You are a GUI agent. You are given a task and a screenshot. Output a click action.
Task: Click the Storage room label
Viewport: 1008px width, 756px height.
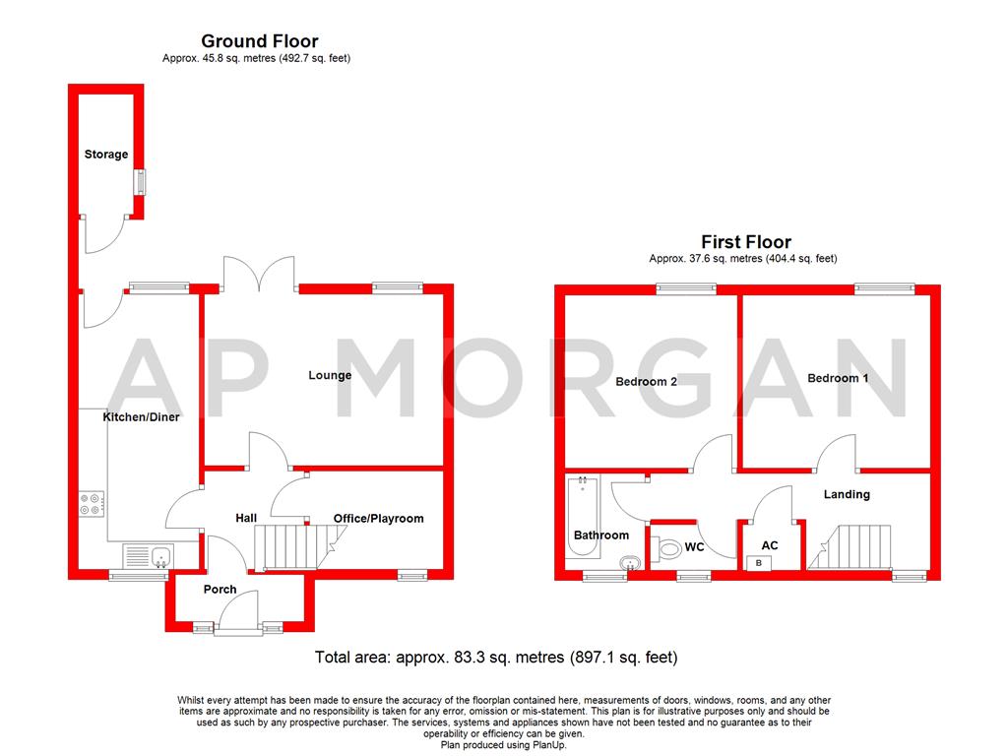coord(105,155)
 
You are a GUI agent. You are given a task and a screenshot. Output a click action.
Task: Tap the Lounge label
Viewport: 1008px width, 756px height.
coord(330,375)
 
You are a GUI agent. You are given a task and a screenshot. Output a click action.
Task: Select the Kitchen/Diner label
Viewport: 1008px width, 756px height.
coord(141,417)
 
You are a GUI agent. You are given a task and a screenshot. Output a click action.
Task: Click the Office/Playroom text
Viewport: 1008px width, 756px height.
coord(378,519)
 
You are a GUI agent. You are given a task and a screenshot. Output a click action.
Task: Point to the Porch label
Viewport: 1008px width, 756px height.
coord(220,590)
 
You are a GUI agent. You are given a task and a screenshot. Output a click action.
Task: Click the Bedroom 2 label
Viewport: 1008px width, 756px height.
coord(646,382)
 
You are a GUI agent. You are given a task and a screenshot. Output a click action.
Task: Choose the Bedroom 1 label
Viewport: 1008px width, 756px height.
coord(838,378)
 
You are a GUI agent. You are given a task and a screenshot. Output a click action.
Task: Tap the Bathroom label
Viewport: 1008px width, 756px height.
coord(600,535)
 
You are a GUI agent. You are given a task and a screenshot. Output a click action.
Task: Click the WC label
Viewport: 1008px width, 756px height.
coord(694,546)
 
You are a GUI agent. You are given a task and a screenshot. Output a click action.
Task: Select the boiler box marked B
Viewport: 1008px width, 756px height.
coord(758,563)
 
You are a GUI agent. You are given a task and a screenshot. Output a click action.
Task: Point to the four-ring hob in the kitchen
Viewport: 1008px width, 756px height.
coord(92,503)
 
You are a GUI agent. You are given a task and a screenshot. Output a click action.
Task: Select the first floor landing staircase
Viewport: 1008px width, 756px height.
coord(856,546)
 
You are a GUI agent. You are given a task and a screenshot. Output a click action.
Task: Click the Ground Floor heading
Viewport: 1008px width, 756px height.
coord(259,41)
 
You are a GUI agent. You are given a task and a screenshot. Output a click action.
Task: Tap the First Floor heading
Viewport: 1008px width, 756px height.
coord(745,241)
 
